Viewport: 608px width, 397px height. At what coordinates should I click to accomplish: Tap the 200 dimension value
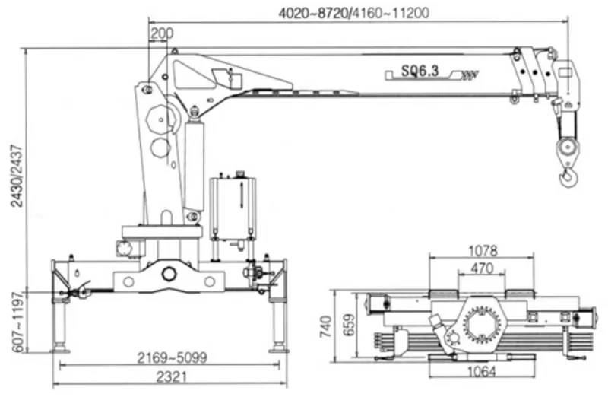(162, 33)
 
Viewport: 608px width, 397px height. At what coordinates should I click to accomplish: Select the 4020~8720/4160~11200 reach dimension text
(354, 13)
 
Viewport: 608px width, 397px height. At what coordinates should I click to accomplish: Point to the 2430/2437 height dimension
(17, 176)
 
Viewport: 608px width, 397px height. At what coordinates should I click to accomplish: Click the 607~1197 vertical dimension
(17, 322)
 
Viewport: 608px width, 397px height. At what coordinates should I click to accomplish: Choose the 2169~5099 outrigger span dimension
(173, 357)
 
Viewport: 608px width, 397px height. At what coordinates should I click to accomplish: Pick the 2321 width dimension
(172, 376)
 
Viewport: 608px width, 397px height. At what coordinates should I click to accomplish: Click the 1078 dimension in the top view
(483, 251)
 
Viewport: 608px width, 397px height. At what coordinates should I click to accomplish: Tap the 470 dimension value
(482, 268)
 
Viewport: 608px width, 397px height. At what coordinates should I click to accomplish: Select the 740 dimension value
(326, 326)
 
